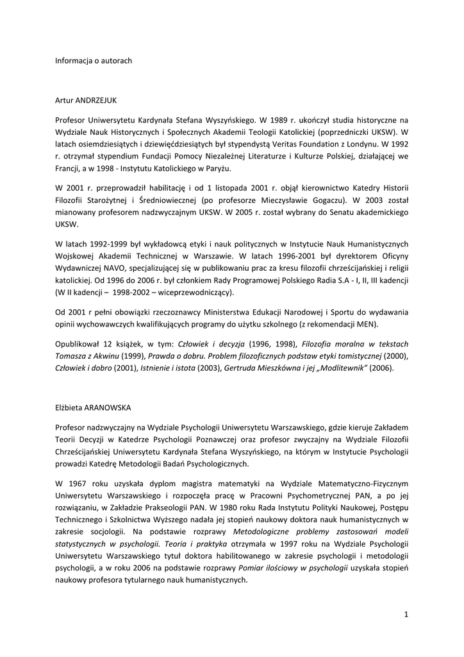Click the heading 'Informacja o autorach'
(x=94, y=60)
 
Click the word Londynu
(x=361, y=144)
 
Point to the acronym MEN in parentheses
(x=367, y=323)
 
